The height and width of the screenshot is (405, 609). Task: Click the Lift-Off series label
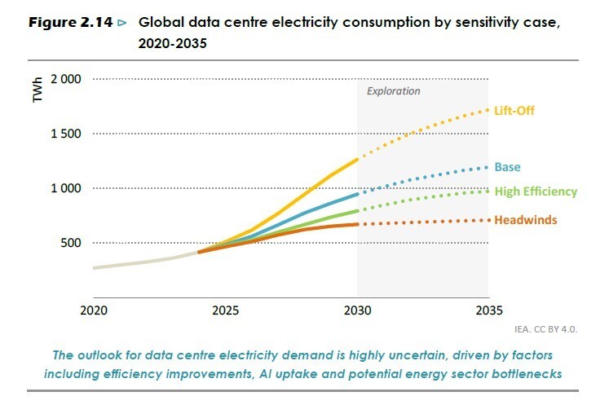(x=514, y=109)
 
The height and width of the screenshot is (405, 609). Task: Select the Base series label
(x=507, y=167)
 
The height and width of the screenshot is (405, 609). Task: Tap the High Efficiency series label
(x=535, y=192)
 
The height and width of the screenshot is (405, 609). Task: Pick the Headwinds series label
(x=526, y=220)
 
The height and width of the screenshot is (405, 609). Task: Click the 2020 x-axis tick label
(x=94, y=310)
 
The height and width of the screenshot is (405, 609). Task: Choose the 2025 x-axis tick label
(x=226, y=310)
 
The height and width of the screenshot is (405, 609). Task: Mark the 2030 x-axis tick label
(x=357, y=310)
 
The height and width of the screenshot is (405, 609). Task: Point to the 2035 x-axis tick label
(x=488, y=310)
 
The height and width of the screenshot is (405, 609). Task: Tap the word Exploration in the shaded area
(x=393, y=91)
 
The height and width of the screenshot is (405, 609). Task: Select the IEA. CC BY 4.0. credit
(x=545, y=331)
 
